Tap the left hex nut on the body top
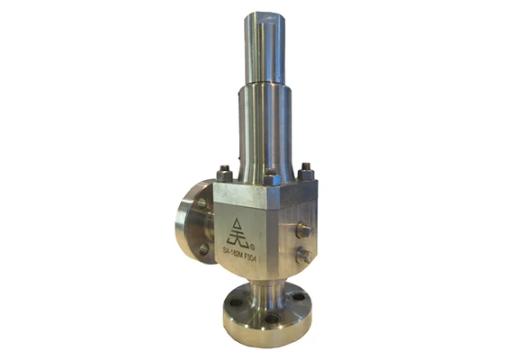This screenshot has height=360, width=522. click(x=225, y=173)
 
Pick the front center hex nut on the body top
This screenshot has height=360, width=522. click(x=269, y=175)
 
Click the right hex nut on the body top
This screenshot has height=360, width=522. click(x=306, y=171)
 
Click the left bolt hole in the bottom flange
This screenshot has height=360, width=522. click(x=236, y=303)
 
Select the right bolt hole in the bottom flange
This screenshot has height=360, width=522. click(x=300, y=294)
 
